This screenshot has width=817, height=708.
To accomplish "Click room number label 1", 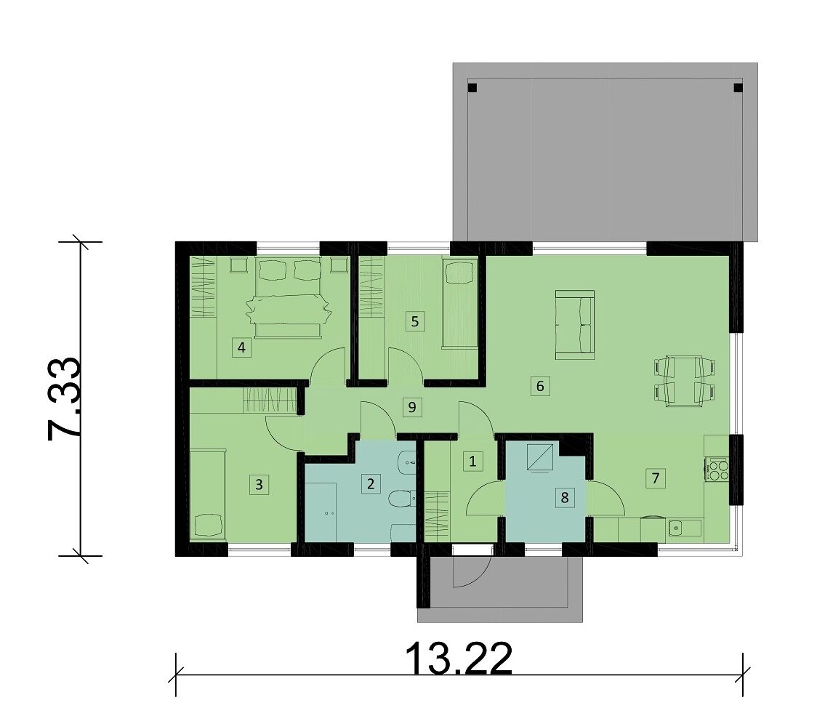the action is coord(472,461).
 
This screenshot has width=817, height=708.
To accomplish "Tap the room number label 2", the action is coord(371,484).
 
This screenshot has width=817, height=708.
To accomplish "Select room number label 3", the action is coord(259,485).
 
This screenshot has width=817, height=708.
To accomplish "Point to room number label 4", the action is coord(241,347).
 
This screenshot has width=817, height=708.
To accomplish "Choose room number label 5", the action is coord(415,321).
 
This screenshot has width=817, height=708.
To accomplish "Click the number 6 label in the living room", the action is coord(540,386).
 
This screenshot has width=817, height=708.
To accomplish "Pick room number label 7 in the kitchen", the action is coord(655,478).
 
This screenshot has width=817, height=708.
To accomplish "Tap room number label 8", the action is coord(565,497).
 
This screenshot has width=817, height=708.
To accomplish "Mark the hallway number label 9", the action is coord(412,407).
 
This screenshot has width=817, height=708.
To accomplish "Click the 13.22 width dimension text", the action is coord(459,659).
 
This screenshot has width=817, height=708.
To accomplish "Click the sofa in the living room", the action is coord(575,325).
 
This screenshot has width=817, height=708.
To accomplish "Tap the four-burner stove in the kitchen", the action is coord(717,468).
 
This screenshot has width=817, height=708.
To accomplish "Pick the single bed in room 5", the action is coord(459,304).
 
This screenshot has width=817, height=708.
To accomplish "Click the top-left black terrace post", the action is coord(472,87).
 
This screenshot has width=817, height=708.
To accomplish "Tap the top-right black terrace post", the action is coord(738,87).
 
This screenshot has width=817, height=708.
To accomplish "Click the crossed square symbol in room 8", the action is coord(540,457).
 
